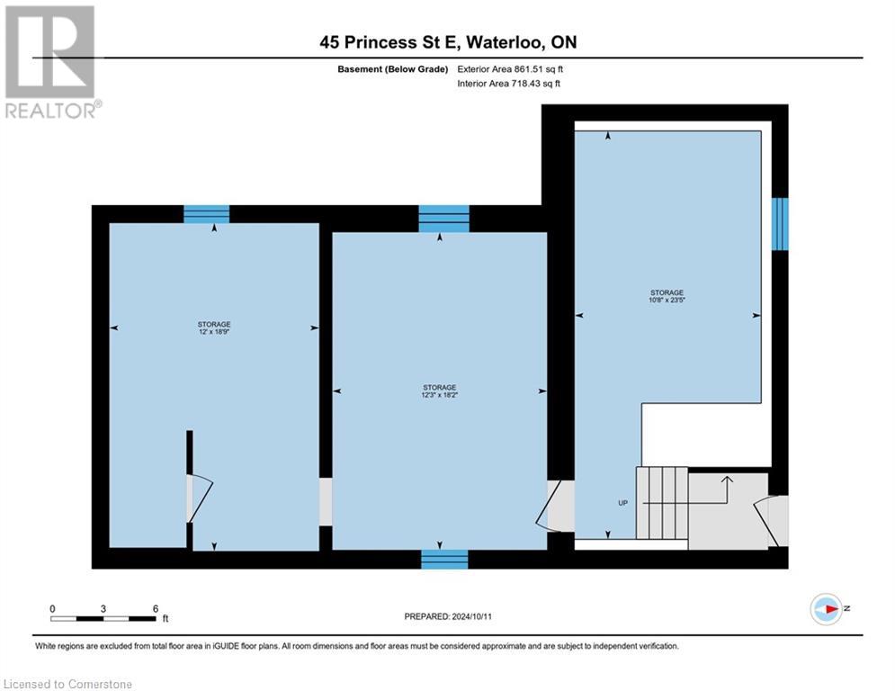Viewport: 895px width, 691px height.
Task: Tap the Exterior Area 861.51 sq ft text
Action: (510, 68)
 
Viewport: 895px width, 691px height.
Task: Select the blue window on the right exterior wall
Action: (780, 224)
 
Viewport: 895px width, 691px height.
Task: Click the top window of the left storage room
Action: (206, 214)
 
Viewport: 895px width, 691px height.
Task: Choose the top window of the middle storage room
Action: (443, 219)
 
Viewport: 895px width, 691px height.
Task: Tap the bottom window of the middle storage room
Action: (444, 559)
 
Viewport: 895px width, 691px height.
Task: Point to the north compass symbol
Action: (825, 608)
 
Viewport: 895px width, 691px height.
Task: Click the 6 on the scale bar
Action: (156, 608)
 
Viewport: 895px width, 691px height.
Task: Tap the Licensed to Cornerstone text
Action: (68, 684)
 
